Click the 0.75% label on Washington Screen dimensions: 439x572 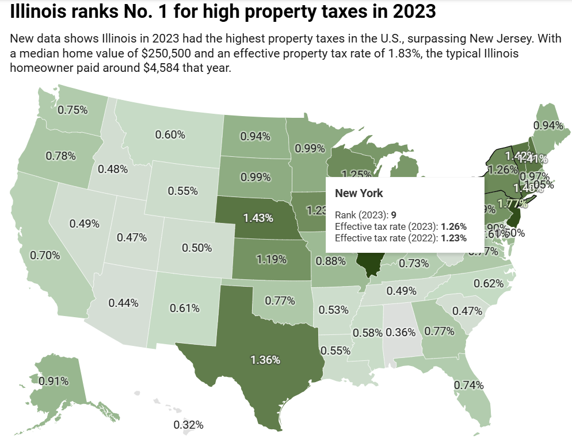(x=72, y=110)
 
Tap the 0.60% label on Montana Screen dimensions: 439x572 (x=170, y=134)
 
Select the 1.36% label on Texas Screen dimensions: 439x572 (x=265, y=360)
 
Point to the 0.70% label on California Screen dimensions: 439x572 (x=45, y=255)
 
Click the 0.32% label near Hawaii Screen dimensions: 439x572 (x=189, y=425)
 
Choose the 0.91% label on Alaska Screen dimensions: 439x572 (x=54, y=380)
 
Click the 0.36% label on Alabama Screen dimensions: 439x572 (x=401, y=332)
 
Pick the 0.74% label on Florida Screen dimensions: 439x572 (x=468, y=385)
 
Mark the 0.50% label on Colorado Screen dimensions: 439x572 (x=197, y=247)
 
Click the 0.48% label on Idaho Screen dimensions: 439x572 (x=113, y=169)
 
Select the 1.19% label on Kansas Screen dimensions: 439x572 (x=272, y=259)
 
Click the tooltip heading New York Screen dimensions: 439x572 (x=359, y=193)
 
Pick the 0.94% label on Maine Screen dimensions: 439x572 (x=548, y=125)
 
